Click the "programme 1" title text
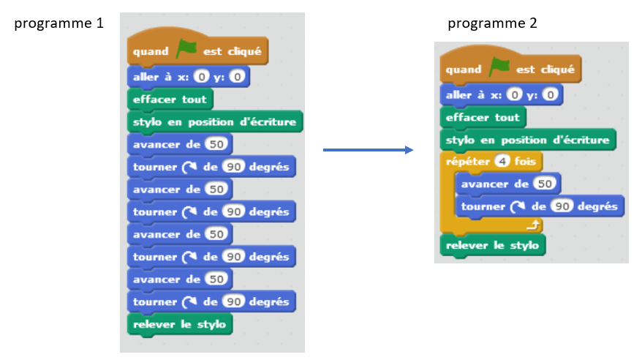58,23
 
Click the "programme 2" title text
492,23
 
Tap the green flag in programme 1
186,50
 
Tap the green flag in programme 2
500,67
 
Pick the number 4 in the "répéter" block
502,161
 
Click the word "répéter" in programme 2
468,161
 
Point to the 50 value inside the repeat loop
544,184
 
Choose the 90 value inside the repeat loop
562,206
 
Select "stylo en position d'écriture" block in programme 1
214,121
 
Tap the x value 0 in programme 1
202,76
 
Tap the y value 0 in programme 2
551,94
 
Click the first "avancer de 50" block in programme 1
178,144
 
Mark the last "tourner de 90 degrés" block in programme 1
211,301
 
